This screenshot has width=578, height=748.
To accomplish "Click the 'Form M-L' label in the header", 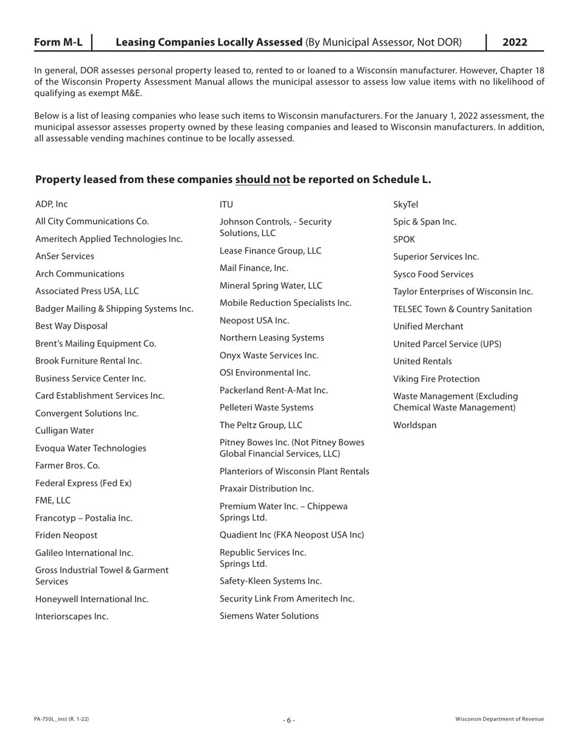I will coord(58,42).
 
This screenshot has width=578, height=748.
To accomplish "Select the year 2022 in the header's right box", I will coord(515,42).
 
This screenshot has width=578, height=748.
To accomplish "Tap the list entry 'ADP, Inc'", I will coord(52,204).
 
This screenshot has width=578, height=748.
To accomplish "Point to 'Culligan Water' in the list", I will coord(64,431).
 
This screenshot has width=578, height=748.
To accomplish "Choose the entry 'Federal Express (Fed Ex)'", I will coord(83,483).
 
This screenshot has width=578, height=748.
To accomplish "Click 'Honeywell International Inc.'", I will coord(92,599).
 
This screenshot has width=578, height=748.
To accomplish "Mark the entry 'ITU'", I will coord(226,204).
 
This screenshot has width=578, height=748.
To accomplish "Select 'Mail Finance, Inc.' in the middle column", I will coord(254,268).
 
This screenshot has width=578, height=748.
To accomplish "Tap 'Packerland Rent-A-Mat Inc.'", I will coord(274,390).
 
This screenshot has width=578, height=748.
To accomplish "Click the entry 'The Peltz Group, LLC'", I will coord(260,425).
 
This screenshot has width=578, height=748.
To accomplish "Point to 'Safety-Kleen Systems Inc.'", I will coord(270,581).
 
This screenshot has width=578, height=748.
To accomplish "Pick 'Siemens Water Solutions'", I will coord(269,616).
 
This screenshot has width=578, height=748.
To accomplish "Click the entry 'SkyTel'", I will coord(406,204).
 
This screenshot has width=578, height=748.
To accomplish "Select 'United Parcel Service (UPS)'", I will coord(447,344).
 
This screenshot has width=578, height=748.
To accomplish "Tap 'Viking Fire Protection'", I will coord(436,379).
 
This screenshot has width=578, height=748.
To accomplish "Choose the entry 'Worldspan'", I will coord(415,425).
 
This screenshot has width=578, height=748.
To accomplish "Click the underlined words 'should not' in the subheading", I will coord(262,179).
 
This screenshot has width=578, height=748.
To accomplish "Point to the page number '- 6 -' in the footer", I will coord(289,720).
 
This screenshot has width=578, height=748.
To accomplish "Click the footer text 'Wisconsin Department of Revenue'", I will coord(500,719).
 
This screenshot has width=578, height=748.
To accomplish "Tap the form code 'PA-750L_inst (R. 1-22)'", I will coord(62,719).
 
